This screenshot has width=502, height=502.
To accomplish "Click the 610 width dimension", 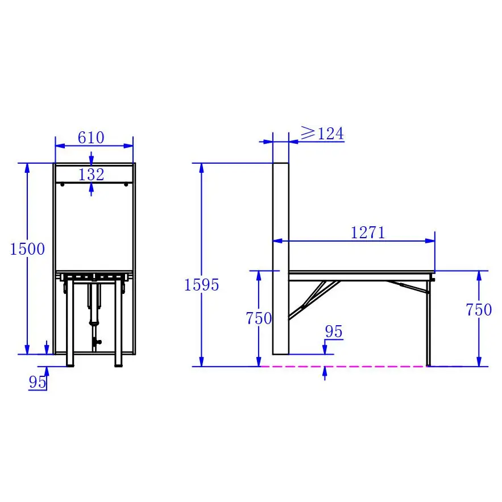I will pyautogui.click(x=91, y=138).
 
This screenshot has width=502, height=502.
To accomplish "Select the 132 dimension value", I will pyautogui.click(x=92, y=175).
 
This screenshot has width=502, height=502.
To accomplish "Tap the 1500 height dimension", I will pyautogui.click(x=27, y=249).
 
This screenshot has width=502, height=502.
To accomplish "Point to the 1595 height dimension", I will pyautogui.click(x=201, y=285).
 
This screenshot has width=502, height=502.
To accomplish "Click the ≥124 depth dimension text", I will pyautogui.click(x=322, y=134).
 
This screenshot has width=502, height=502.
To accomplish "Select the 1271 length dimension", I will pyautogui.click(x=368, y=233).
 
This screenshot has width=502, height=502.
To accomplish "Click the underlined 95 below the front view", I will pyautogui.click(x=38, y=383).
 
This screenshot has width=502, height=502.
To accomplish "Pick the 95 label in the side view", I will pyautogui.click(x=334, y=332).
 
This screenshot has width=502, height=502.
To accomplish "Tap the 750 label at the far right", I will pyautogui.click(x=479, y=310).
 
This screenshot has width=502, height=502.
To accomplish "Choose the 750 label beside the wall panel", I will pyautogui.click(x=259, y=319).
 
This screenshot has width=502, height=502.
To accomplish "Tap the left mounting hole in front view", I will pyautogui.click(x=62, y=184).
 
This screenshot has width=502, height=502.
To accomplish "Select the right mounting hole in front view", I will pyautogui.click(x=125, y=184).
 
